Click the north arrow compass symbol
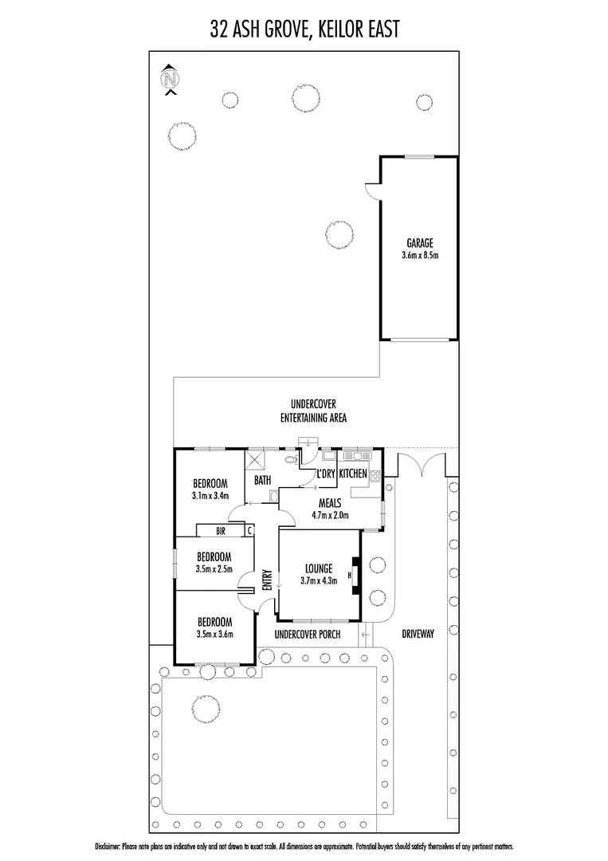coord(170,80)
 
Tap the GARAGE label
coord(419,244)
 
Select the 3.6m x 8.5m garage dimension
coord(419,256)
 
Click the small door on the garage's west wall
coord(371,189)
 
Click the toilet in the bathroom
coord(291,460)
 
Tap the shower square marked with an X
coord(257,462)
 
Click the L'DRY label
coord(325,474)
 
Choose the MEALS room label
coord(330,502)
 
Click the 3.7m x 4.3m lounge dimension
coord(319,581)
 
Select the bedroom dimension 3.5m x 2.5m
coord(214,568)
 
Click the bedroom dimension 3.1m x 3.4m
coord(210,495)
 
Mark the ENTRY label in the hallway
coord(268,580)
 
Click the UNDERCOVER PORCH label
coord(307,635)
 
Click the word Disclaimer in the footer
coord(110,845)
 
